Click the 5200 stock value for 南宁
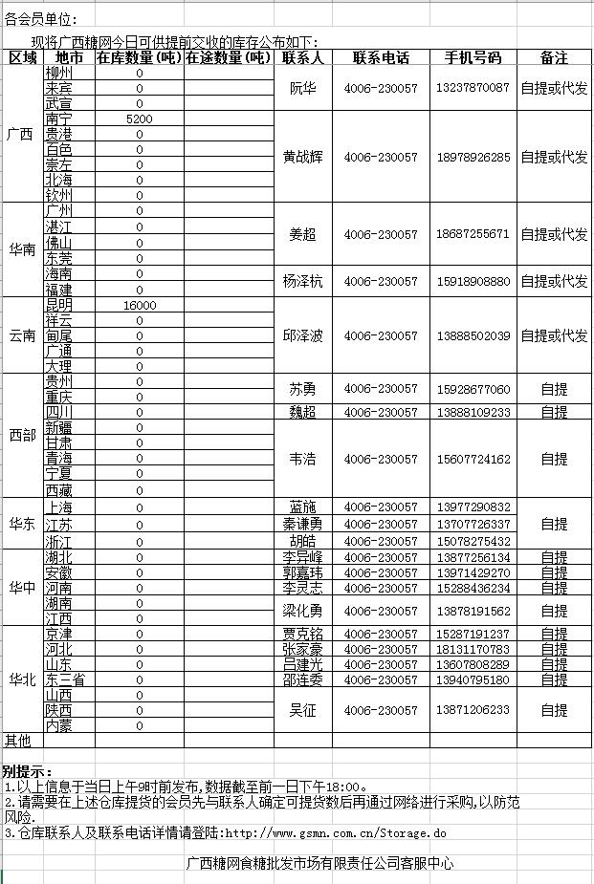point(139,119)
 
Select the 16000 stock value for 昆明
point(140,305)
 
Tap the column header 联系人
point(302,57)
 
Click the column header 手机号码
point(473,57)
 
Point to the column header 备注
point(554,57)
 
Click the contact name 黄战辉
point(302,157)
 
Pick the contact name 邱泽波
point(302,336)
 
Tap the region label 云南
point(22,335)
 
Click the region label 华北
point(22,679)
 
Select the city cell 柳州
point(58,73)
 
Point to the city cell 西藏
point(58,490)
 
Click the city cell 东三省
point(65,679)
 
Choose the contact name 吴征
point(302,710)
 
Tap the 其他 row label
point(18,740)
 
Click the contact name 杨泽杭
point(302,282)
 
